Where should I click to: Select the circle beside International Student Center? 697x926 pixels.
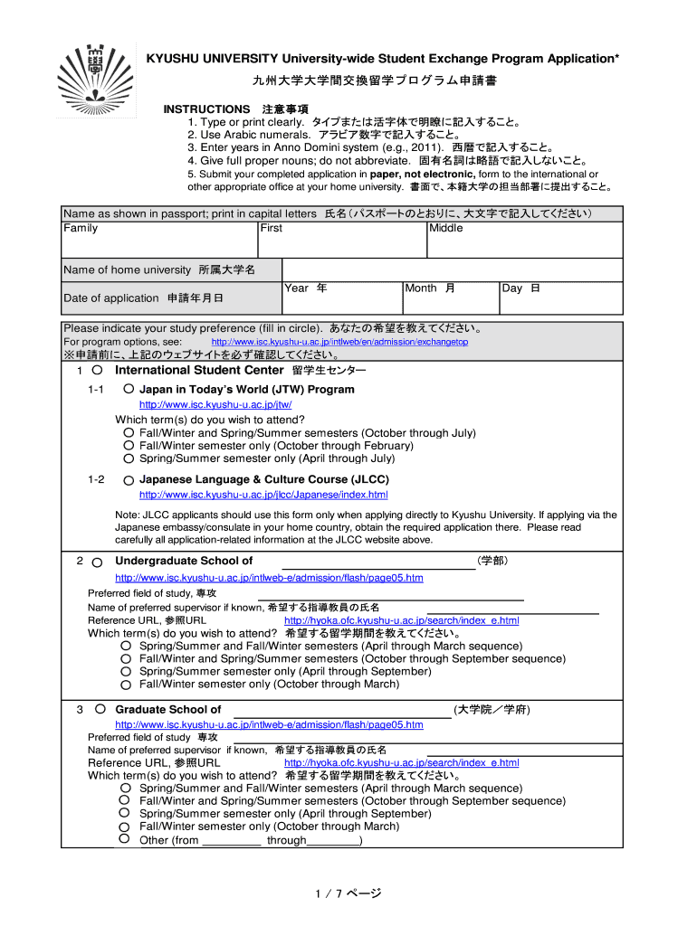tap(97, 370)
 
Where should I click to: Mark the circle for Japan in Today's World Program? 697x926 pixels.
tap(129, 389)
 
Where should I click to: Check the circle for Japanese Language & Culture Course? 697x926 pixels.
tap(129, 479)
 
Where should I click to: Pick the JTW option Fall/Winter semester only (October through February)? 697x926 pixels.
tap(129, 446)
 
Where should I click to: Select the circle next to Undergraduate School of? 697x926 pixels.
tap(97, 562)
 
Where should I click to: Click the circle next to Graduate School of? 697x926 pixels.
tap(100, 709)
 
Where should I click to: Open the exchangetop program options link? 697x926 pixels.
tap(339, 343)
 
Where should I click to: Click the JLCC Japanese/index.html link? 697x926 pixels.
tap(263, 495)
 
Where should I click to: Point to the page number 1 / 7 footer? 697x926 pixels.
tap(348, 893)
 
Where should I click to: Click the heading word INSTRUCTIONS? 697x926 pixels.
tap(206, 109)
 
